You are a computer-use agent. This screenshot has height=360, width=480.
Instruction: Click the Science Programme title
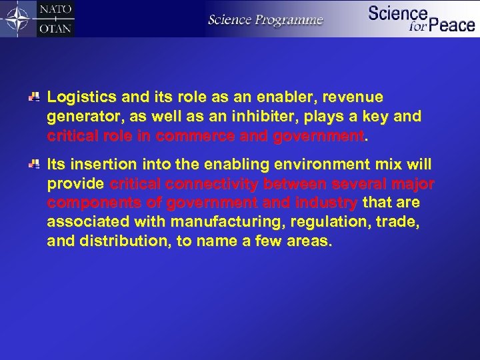coord(265,19)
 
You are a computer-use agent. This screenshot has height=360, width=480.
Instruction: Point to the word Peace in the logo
coord(451,26)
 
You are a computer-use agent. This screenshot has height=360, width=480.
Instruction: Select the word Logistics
coord(81,98)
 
